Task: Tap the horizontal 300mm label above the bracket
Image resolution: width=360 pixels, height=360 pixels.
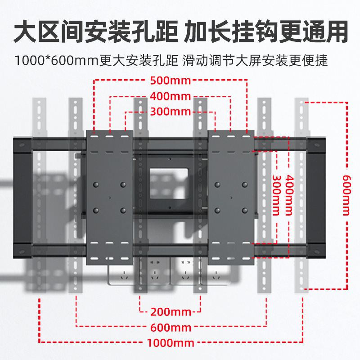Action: click(171, 112)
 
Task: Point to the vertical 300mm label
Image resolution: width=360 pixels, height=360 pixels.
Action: click(274, 196)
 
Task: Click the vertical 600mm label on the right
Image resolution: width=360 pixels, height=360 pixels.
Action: click(346, 195)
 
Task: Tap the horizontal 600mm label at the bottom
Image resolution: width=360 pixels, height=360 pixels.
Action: click(171, 327)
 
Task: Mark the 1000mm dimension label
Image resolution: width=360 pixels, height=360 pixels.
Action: click(171, 343)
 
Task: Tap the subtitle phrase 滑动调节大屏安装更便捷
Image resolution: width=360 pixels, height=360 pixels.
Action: click(256, 61)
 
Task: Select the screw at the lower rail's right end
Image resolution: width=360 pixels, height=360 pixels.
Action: click(318, 250)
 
